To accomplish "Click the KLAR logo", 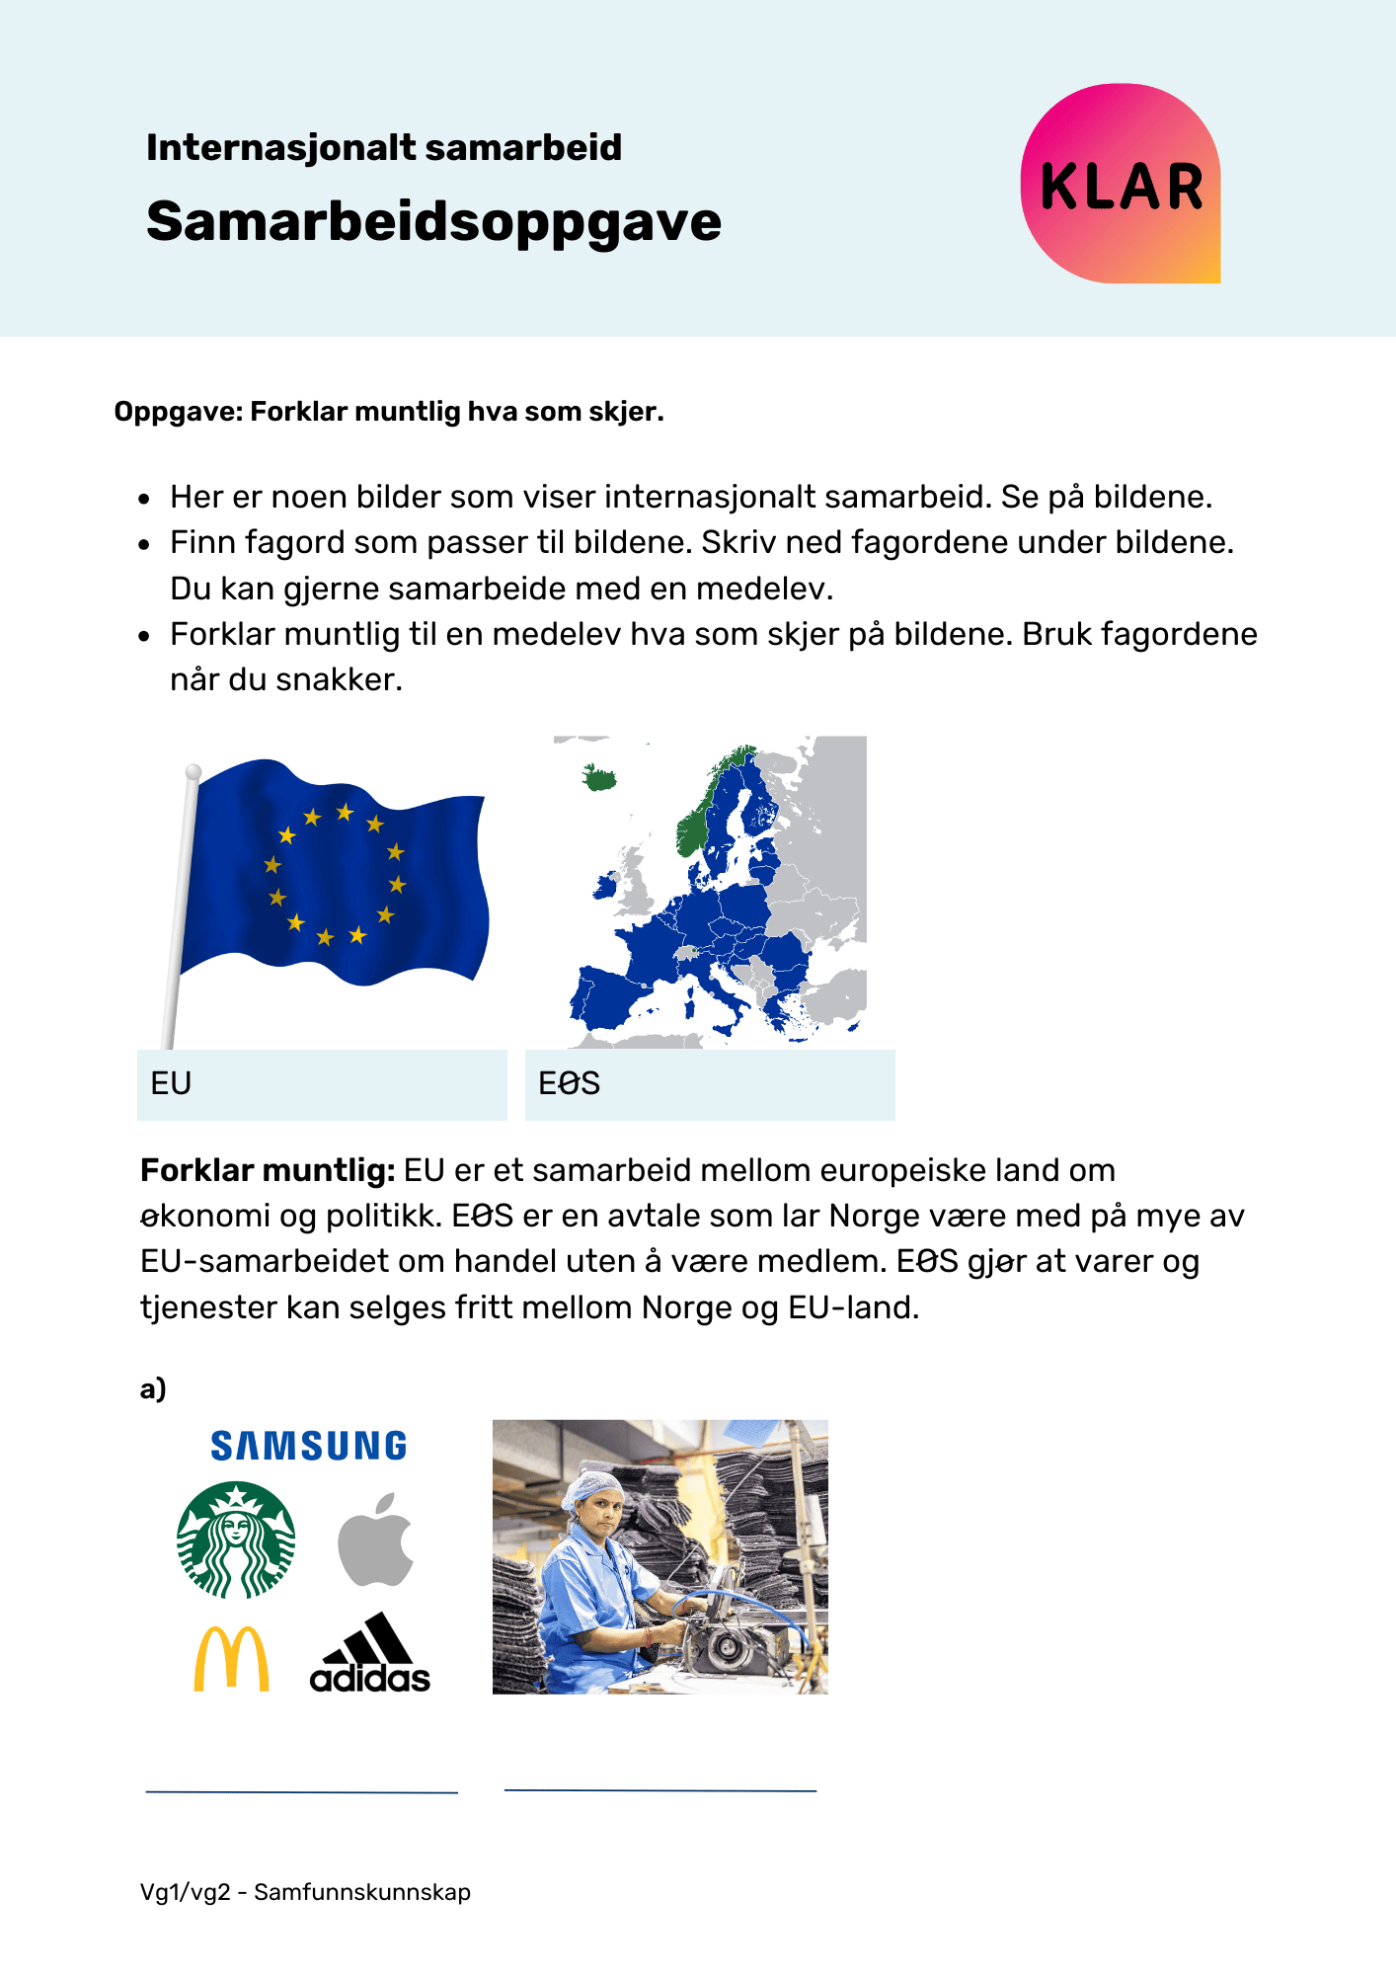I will point(1121,185).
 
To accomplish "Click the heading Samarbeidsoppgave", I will point(433,221).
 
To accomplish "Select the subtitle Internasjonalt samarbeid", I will point(384,148).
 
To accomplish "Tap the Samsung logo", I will point(308,1447).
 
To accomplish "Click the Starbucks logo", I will point(236,1540).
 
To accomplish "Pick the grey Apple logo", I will point(375,1540).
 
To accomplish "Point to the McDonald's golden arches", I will point(231,1659).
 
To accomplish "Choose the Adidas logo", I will point(370,1654).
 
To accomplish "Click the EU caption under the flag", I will point(171,1083).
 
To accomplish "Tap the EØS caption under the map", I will point(569,1083).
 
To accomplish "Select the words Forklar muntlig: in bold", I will point(268,1170).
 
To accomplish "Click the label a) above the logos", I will point(153,1389).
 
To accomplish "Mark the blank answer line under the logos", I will point(301,1791).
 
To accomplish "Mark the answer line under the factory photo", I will point(659,1789).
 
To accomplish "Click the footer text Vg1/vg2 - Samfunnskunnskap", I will point(305,1892).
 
